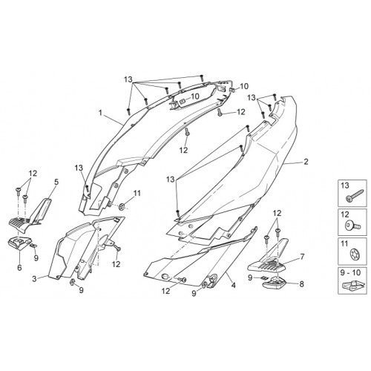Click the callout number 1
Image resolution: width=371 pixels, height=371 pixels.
100,113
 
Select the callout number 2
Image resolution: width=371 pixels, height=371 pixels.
306,162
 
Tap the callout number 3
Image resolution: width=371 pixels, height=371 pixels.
34,279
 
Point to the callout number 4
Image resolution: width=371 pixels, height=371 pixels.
233,286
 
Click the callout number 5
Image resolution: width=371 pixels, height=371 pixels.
56,183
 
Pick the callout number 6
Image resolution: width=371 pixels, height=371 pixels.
19,268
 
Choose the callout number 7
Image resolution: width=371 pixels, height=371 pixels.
302,257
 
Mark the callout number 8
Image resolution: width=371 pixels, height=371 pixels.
301,284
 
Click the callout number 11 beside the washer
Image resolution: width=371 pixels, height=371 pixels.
137,193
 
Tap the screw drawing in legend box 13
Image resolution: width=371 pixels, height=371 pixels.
354,196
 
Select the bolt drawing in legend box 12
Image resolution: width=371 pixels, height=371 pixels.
352,225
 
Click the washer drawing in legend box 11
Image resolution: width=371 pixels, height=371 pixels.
353,254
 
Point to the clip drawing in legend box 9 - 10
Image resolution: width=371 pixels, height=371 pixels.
352,285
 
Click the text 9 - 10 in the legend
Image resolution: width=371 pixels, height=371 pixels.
352,272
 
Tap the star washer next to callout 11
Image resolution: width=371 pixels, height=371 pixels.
122,206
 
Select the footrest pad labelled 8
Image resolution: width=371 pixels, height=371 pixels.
272,283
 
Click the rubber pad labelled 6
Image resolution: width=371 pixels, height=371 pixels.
19,243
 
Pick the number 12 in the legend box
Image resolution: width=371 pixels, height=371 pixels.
345,214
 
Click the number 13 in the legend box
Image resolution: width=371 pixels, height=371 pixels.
345,185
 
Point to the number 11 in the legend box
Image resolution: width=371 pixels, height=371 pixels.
344,244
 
